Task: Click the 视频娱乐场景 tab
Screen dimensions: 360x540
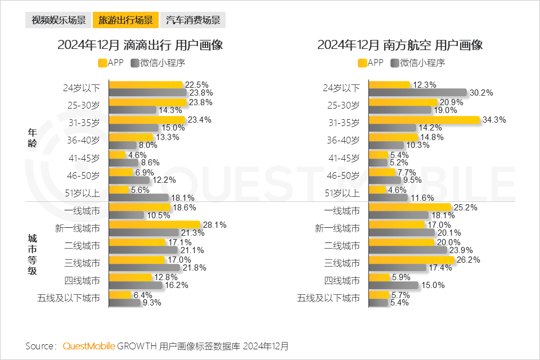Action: [58, 21]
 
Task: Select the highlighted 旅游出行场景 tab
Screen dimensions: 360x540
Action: [125, 21]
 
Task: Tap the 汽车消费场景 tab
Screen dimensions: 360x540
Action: [192, 21]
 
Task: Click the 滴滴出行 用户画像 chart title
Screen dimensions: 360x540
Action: [140, 46]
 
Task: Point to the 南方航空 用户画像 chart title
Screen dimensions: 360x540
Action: [400, 46]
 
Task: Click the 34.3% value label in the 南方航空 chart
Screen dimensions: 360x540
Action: [496, 119]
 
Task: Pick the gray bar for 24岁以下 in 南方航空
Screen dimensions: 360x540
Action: [417, 92]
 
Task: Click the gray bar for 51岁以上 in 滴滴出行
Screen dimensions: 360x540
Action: [138, 197]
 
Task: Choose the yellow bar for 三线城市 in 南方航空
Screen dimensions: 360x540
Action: [411, 259]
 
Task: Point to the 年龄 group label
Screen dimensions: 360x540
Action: [33, 137]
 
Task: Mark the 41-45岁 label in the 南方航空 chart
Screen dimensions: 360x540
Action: [344, 158]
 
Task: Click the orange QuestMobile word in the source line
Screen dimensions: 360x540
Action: [89, 345]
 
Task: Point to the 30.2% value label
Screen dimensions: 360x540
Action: [481, 93]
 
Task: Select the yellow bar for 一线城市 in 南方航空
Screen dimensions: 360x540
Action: [409, 208]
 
